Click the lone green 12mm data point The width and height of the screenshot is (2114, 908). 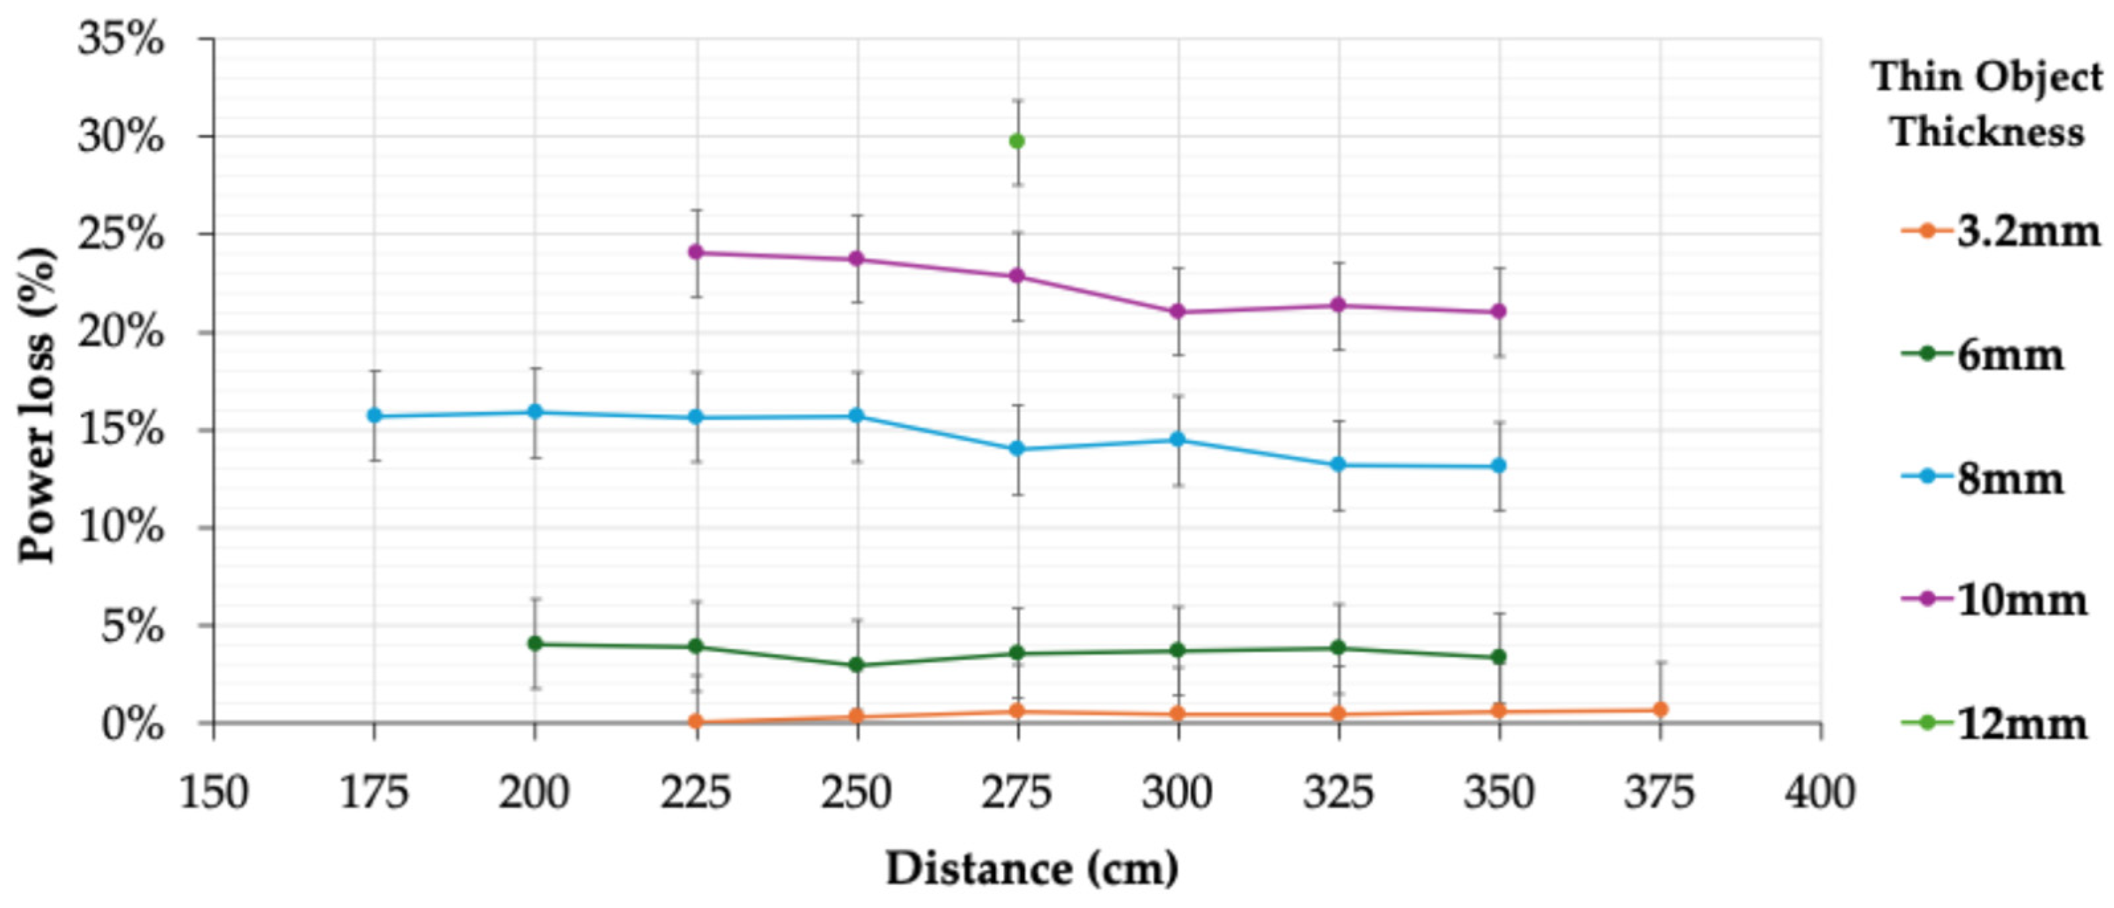coord(1017,141)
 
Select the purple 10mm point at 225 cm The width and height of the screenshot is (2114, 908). coord(697,252)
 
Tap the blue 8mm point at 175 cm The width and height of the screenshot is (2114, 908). coord(374,415)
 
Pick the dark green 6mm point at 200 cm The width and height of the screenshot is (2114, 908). coord(535,644)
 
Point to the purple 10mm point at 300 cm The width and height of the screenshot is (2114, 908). coord(1178,311)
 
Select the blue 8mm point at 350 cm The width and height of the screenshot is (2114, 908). coord(1498,466)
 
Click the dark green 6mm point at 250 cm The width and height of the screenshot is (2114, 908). coord(857,665)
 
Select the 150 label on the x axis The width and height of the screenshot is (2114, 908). coord(213,793)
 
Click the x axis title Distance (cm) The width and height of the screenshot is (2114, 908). coord(1032,868)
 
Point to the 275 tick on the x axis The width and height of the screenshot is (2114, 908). coord(1018,793)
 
